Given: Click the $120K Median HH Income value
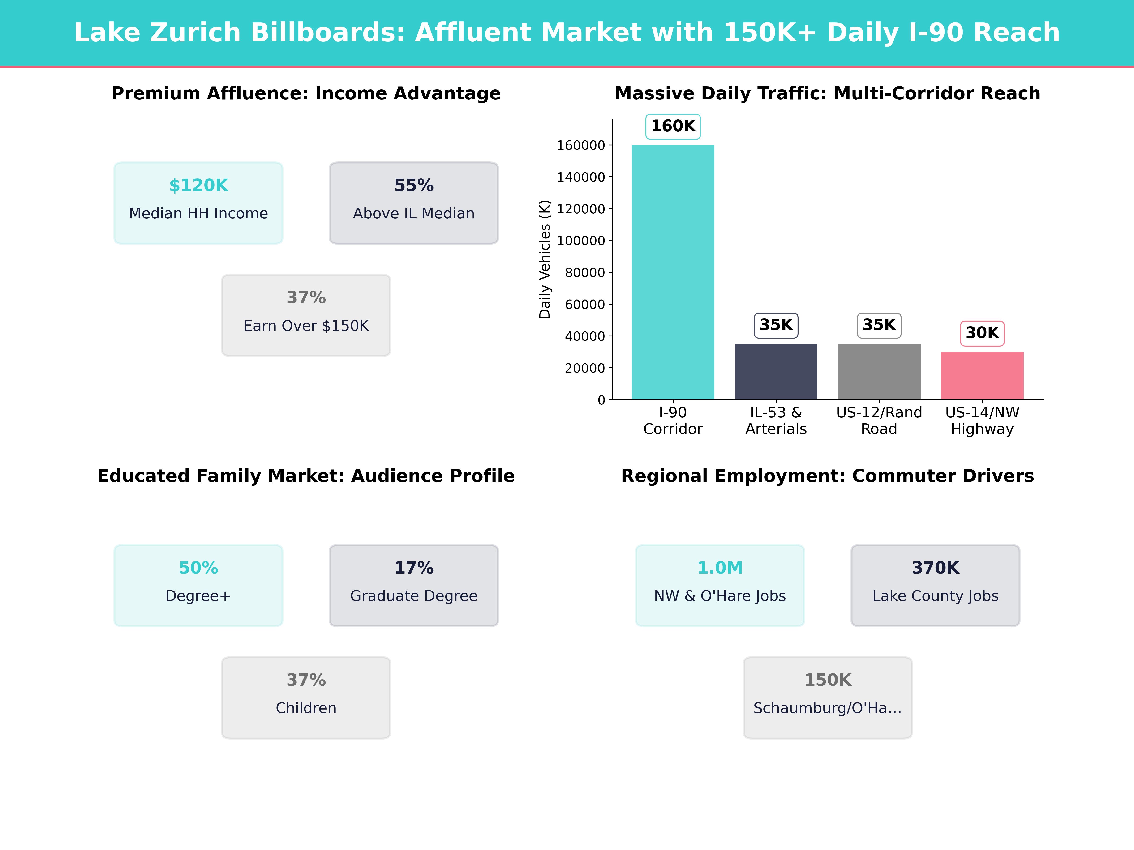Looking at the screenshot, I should pyautogui.click(x=198, y=186).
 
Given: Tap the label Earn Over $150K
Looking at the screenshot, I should pyautogui.click(x=306, y=326).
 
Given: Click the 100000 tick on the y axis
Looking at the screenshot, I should pyautogui.click(x=581, y=241).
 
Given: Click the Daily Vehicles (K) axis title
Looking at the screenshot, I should pyautogui.click(x=545, y=259).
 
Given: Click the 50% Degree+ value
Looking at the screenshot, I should pyautogui.click(x=198, y=568).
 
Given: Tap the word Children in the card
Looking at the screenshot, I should pyautogui.click(x=306, y=708).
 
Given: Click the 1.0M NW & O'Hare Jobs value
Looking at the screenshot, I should pyautogui.click(x=720, y=568).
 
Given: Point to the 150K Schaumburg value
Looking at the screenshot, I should pyautogui.click(x=827, y=680).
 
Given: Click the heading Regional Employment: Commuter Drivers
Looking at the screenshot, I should pyautogui.click(x=827, y=476).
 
